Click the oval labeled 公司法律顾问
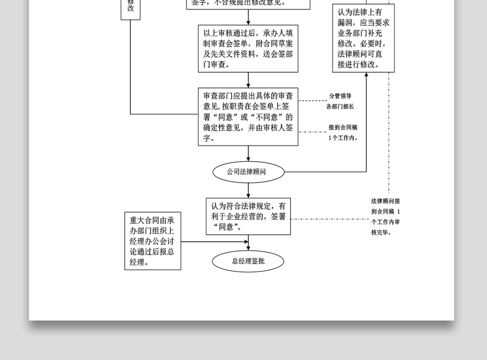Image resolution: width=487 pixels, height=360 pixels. (248, 172)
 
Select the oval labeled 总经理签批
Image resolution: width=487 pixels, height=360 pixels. (248, 261)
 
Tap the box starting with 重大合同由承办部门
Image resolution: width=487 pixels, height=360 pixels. (153, 241)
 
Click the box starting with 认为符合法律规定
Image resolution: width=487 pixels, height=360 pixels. (248, 216)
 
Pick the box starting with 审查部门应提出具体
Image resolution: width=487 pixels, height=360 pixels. (248, 117)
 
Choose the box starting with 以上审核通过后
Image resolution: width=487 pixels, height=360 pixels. (248, 49)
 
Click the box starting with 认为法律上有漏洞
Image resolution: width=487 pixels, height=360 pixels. (363, 38)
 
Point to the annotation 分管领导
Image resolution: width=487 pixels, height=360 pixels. (340, 96)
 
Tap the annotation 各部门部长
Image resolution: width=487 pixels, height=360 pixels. (340, 107)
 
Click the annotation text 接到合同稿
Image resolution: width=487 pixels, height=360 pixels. (343, 127)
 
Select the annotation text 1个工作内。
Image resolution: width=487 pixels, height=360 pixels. (343, 138)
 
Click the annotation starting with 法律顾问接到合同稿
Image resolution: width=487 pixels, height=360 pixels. (386, 217)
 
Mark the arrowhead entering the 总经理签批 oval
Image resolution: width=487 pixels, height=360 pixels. (248, 248)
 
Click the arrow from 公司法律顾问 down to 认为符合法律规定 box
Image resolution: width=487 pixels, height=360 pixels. (248, 190)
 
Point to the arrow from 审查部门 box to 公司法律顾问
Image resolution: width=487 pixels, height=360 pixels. (248, 154)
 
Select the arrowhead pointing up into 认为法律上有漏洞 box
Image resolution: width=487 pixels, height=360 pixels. (366, 75)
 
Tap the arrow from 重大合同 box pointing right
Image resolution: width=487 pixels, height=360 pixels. (214, 242)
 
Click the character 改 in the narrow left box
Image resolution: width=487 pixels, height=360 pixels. (131, 8)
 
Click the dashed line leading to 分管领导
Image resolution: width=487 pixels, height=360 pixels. (313, 101)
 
